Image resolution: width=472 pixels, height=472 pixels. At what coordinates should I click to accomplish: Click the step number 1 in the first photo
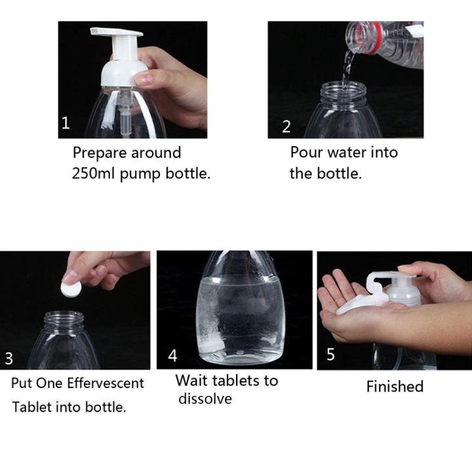(x=66, y=123)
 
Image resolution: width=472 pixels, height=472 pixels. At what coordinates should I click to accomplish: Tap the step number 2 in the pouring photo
(x=286, y=127)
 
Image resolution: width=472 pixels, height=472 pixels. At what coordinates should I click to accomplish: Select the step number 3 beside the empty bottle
(x=9, y=358)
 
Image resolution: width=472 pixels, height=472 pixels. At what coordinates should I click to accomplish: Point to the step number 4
(x=172, y=355)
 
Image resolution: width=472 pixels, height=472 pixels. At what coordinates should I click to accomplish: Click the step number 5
(x=330, y=354)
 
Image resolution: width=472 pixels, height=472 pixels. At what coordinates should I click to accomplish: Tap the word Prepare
(x=100, y=153)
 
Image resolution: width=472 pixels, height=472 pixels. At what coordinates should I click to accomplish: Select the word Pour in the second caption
(x=306, y=152)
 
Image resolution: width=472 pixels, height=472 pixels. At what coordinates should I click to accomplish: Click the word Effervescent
(x=106, y=383)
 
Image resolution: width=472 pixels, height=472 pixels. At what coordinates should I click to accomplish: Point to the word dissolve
(x=205, y=399)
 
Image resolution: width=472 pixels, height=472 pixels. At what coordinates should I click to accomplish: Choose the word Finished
(x=395, y=386)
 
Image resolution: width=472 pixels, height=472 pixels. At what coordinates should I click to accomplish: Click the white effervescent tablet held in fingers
(x=71, y=288)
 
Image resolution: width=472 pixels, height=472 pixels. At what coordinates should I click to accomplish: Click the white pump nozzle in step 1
(x=116, y=31)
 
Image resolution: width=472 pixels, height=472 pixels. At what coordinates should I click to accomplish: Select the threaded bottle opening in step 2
(x=344, y=92)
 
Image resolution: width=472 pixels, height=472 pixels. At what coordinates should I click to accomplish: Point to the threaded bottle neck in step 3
(x=64, y=321)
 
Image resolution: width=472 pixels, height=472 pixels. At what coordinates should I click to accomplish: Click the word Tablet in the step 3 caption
(x=32, y=407)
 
